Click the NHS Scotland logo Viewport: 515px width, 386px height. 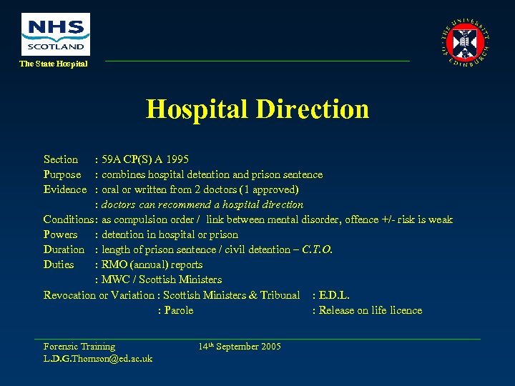(x=56, y=34)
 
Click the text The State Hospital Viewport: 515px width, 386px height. (x=54, y=64)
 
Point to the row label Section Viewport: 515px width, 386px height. (x=61, y=159)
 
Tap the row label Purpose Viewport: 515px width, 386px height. (x=62, y=174)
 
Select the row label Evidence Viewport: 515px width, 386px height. (x=65, y=189)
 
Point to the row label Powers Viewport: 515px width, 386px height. (x=61, y=234)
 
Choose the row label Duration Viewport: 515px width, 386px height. (x=64, y=249)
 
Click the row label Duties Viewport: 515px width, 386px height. (x=59, y=264)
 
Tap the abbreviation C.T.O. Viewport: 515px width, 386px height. (x=318, y=249)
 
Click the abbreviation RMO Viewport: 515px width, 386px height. (x=117, y=264)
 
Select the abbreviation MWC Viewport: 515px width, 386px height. (x=117, y=279)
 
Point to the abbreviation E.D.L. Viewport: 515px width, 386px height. (x=334, y=295)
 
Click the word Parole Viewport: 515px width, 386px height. (x=178, y=310)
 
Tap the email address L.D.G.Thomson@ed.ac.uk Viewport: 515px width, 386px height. (x=98, y=358)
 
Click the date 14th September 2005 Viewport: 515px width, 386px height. (x=240, y=347)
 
